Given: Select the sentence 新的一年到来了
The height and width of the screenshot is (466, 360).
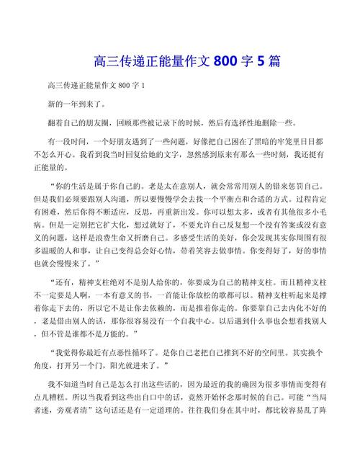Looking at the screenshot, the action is pos(76,104).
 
